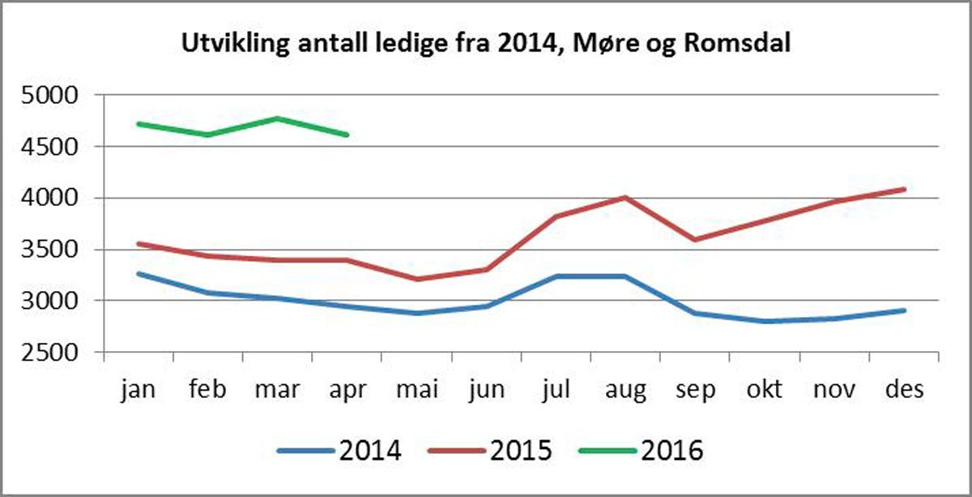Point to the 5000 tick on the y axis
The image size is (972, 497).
[48, 96]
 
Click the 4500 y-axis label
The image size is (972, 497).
[48, 147]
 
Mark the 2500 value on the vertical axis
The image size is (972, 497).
[48, 353]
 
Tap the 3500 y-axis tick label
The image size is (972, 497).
[48, 250]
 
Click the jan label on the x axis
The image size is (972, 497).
[138, 389]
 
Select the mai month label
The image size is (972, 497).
[417, 389]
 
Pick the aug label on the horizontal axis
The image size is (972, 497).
[626, 391]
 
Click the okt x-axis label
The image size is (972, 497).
[765, 389]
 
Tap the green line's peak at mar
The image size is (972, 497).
[278, 118]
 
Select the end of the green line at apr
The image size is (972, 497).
[347, 135]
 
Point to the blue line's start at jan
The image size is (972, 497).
[139, 273]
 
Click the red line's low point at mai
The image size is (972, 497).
[417, 280]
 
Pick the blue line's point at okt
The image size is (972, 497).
[765, 321]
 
